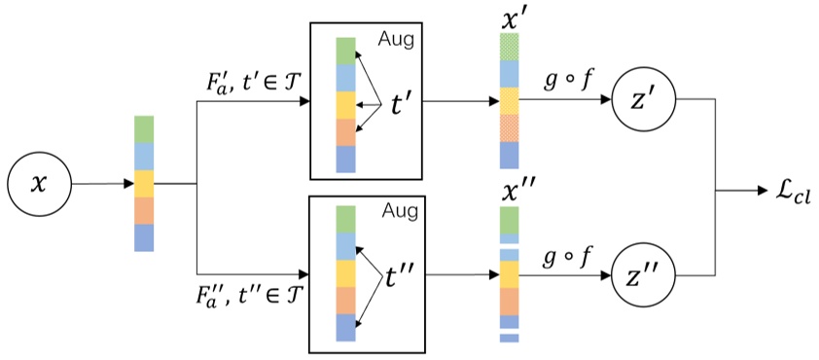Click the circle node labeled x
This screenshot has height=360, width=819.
click(39, 183)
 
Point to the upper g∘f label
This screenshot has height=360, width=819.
click(565, 82)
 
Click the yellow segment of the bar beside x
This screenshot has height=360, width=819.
click(145, 183)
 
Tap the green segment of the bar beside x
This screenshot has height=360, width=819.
click(145, 128)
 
